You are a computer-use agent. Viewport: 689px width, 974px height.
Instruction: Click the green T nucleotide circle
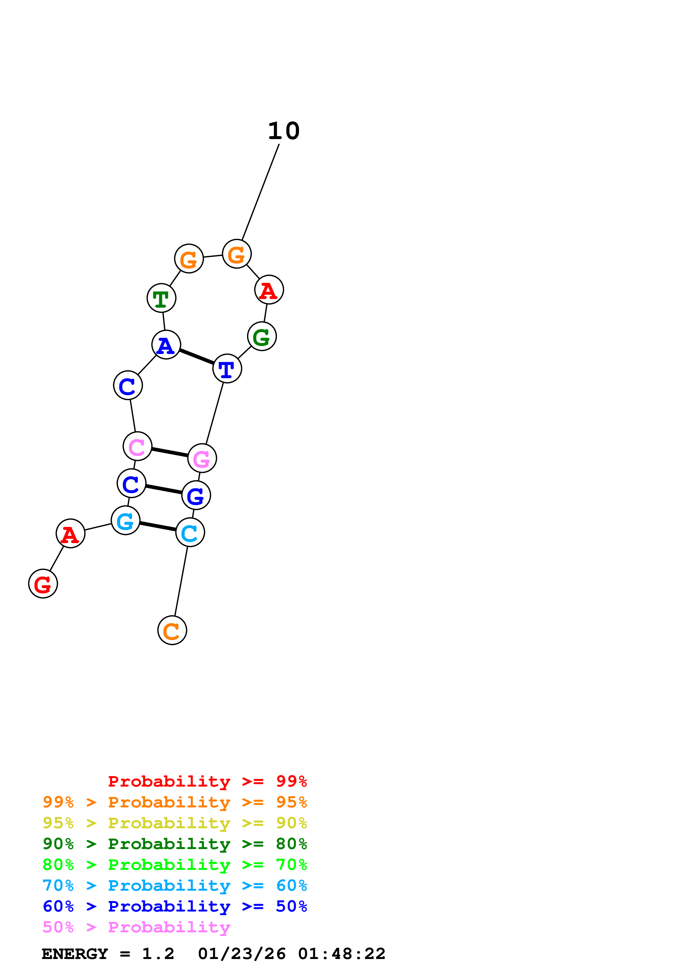click(x=161, y=298)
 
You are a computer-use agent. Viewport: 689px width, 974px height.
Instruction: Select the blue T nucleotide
click(x=227, y=368)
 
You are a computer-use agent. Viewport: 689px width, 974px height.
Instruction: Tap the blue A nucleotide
click(x=166, y=345)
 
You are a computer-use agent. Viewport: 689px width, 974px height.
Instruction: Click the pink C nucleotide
click(x=137, y=446)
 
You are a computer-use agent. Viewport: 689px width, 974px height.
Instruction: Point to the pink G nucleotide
click(x=202, y=458)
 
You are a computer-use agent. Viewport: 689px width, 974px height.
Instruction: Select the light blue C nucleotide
click(x=190, y=532)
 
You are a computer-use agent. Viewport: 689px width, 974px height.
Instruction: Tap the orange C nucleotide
click(x=172, y=630)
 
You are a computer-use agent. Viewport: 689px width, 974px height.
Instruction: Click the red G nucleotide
click(x=43, y=584)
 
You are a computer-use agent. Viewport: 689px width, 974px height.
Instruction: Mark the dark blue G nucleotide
click(x=196, y=495)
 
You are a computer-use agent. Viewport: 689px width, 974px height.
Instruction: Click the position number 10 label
click(x=283, y=131)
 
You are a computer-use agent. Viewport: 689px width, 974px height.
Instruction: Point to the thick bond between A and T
click(x=196, y=356)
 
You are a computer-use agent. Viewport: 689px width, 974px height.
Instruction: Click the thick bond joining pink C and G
click(x=170, y=452)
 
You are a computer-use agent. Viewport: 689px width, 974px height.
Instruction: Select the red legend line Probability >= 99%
click(x=207, y=781)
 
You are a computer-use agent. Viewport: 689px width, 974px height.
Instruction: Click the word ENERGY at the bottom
click(x=75, y=954)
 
